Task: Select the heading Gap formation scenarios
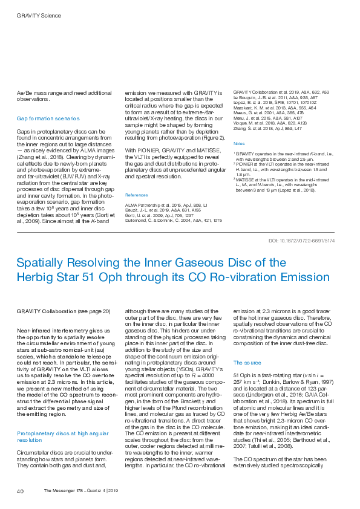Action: tap(48, 118)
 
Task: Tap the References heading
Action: tap(137, 195)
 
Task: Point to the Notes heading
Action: tap(239, 144)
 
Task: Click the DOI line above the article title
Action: tap(301, 241)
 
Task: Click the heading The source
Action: tap(247, 362)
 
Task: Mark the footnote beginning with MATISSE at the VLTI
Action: tap(278, 184)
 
